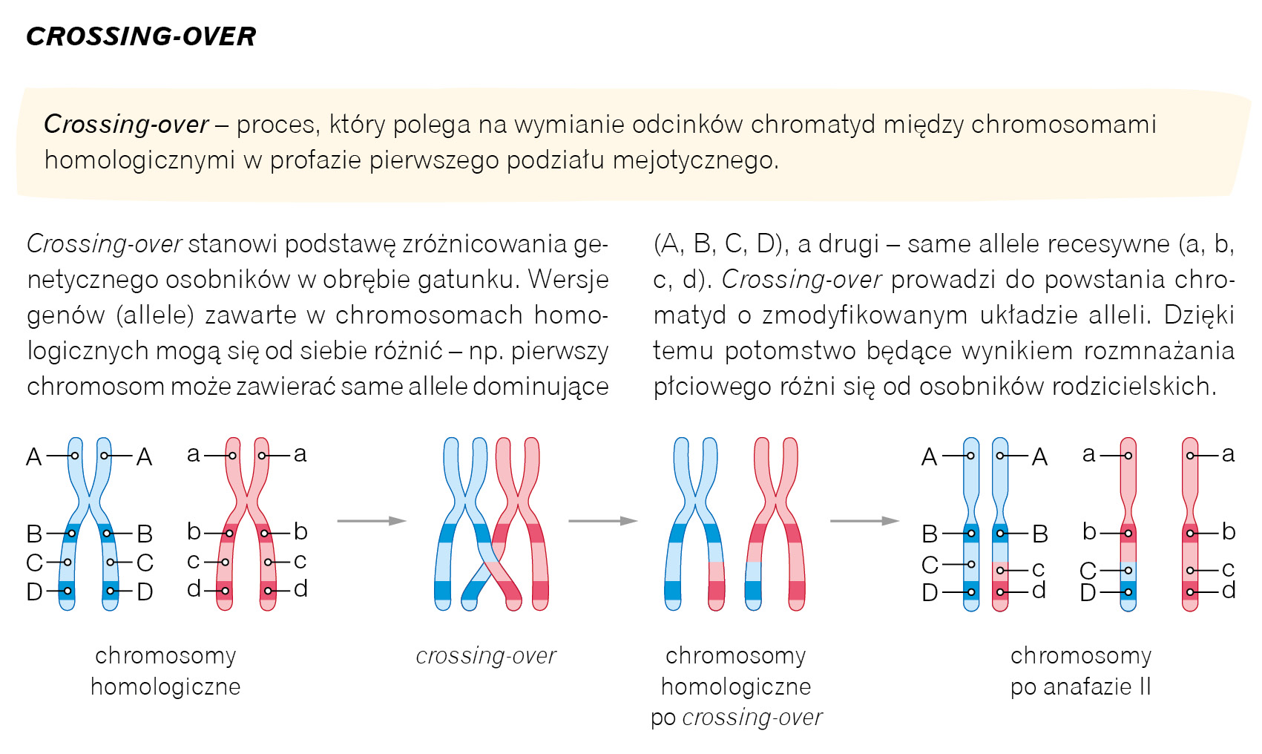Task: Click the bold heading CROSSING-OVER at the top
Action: pyautogui.click(x=141, y=36)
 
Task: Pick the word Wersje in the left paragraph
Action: pyautogui.click(x=568, y=279)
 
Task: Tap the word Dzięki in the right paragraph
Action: pyautogui.click(x=1199, y=315)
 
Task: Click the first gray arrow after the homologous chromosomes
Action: pyautogui.click(x=372, y=521)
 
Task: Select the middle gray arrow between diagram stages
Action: pyautogui.click(x=602, y=521)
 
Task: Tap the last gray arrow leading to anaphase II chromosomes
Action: pyautogui.click(x=864, y=521)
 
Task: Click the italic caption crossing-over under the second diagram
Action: pyautogui.click(x=486, y=656)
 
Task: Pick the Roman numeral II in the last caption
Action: pyautogui.click(x=1143, y=687)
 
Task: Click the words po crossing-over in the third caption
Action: pyautogui.click(x=736, y=718)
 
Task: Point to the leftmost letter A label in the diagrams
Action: pyautogui.click(x=34, y=456)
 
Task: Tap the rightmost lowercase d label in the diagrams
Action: pyautogui.click(x=1229, y=591)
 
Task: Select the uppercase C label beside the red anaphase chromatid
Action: pyautogui.click(x=1088, y=571)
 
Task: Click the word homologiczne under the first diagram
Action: pyautogui.click(x=165, y=687)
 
